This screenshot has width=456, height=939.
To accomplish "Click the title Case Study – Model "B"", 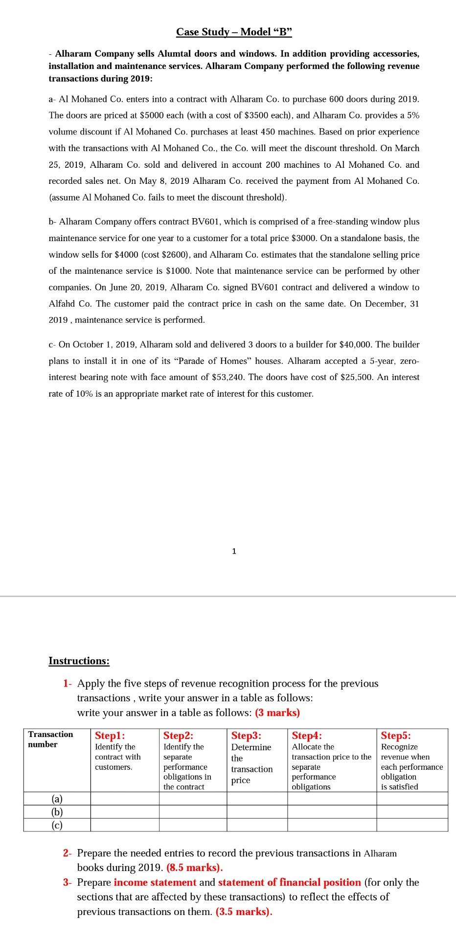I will click(x=234, y=32).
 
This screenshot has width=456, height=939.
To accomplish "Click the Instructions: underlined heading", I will click(x=79, y=661).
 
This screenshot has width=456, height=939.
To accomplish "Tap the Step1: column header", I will click(x=110, y=736).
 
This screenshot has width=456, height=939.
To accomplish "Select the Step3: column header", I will click(x=246, y=736).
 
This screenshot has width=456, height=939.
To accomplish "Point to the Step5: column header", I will click(x=396, y=736).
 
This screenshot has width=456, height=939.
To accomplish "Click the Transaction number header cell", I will click(x=50, y=739).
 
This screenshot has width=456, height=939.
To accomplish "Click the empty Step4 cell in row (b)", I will click(x=332, y=812).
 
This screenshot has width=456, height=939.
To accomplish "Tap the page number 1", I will click(x=234, y=551).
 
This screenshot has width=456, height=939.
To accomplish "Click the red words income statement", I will click(x=155, y=882).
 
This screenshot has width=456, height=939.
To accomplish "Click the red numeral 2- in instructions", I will click(x=68, y=853).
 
